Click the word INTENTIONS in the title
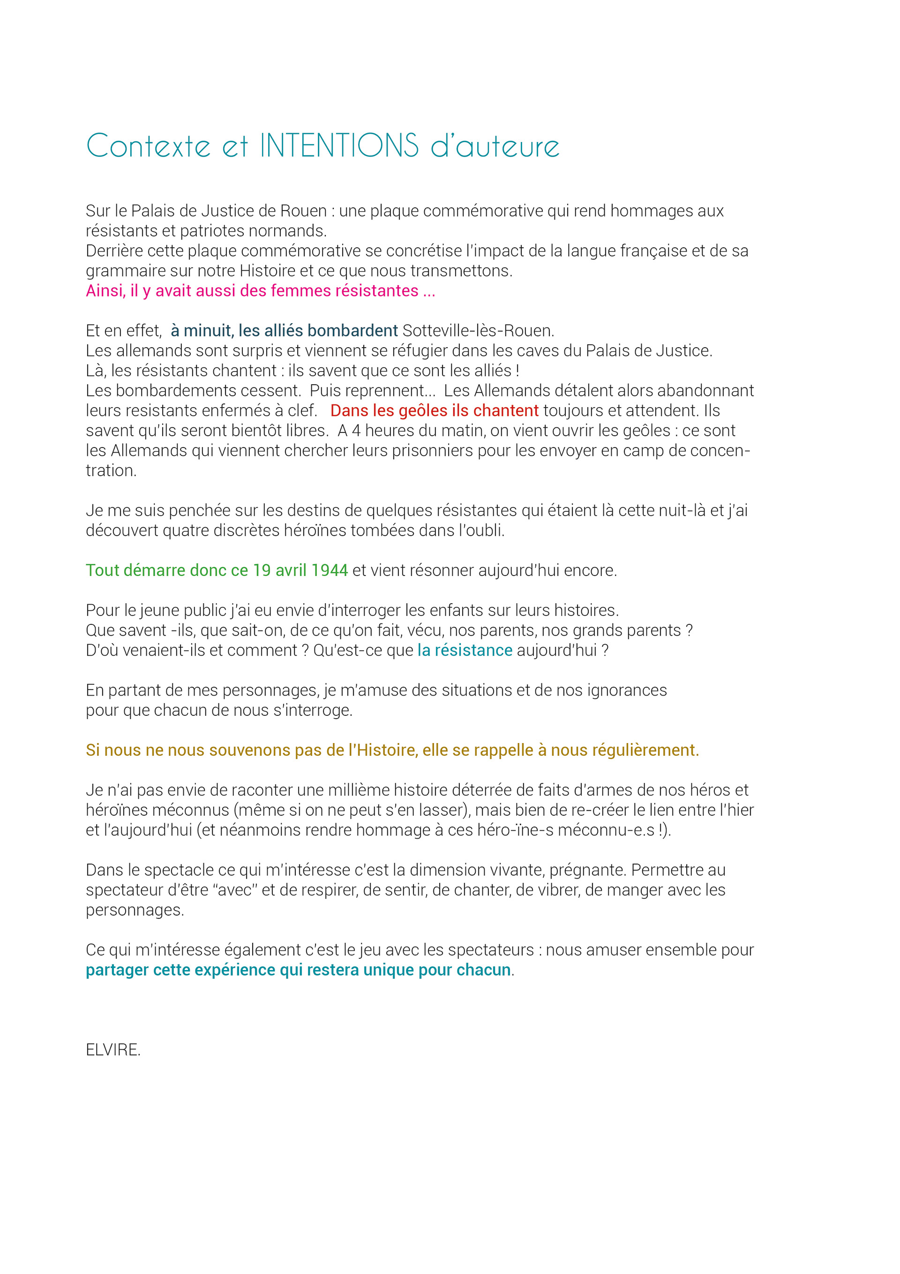point(339,145)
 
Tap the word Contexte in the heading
point(148,146)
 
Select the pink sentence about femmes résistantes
point(260,291)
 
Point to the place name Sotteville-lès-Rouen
point(478,331)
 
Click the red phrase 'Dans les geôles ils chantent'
point(434,410)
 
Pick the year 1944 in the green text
point(330,570)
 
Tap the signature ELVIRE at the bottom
point(112,1050)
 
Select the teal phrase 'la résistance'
point(465,650)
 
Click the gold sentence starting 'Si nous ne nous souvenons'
point(392,750)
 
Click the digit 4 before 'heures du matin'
point(357,431)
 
